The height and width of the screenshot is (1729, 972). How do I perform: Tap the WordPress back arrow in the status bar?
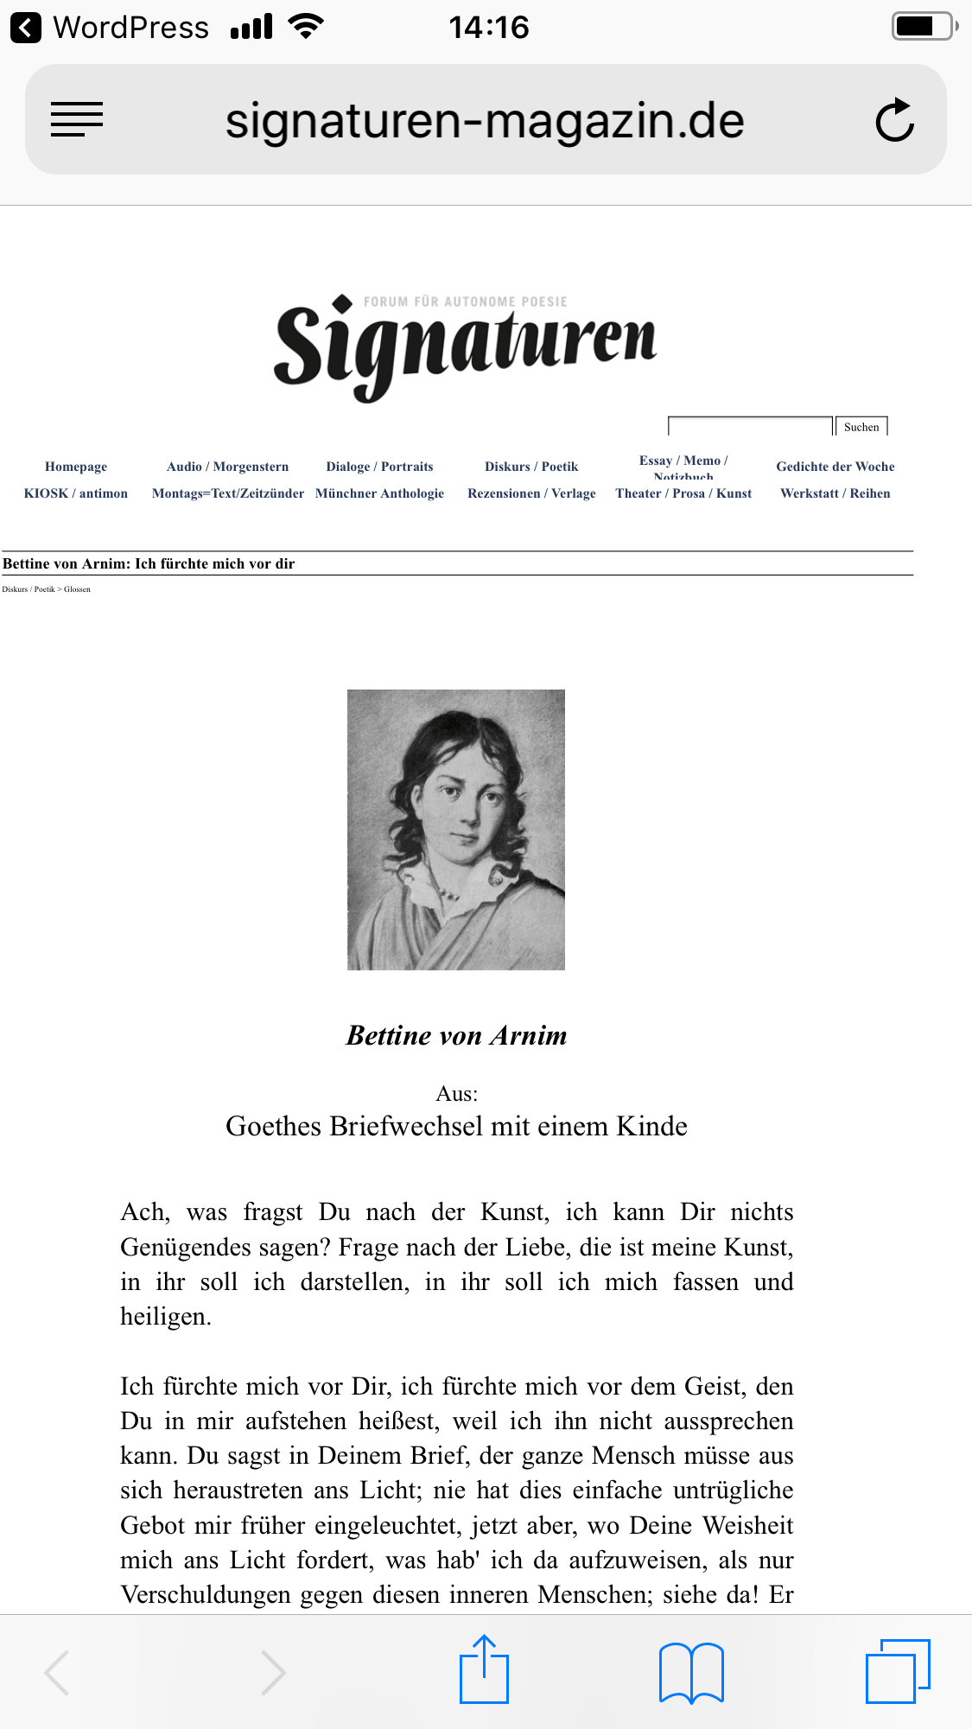click(26, 28)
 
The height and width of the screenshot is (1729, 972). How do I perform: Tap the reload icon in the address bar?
click(895, 120)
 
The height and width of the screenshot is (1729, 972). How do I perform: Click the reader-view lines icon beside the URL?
click(77, 119)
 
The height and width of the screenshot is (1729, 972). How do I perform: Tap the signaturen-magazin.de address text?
click(485, 120)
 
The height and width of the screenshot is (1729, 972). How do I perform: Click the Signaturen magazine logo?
click(465, 346)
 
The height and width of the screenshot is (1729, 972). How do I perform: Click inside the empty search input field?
click(749, 427)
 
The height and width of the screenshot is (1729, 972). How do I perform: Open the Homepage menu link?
click(76, 467)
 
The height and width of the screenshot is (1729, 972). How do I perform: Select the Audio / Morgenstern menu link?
click(227, 467)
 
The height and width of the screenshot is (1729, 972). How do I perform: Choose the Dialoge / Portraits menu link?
click(379, 467)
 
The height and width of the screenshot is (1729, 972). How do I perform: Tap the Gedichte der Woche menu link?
click(835, 467)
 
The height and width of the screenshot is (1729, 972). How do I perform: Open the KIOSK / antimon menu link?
click(76, 493)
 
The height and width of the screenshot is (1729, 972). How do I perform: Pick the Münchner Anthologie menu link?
click(379, 493)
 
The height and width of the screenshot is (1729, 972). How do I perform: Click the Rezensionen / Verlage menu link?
click(531, 493)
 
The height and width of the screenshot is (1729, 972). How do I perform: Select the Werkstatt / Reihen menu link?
click(835, 493)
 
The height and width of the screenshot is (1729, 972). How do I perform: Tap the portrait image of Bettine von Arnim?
click(456, 830)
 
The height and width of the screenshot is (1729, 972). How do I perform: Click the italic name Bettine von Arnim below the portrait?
click(456, 1035)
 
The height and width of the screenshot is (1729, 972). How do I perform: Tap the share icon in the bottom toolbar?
click(484, 1671)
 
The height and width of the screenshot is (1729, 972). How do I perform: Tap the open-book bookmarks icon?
click(691, 1673)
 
